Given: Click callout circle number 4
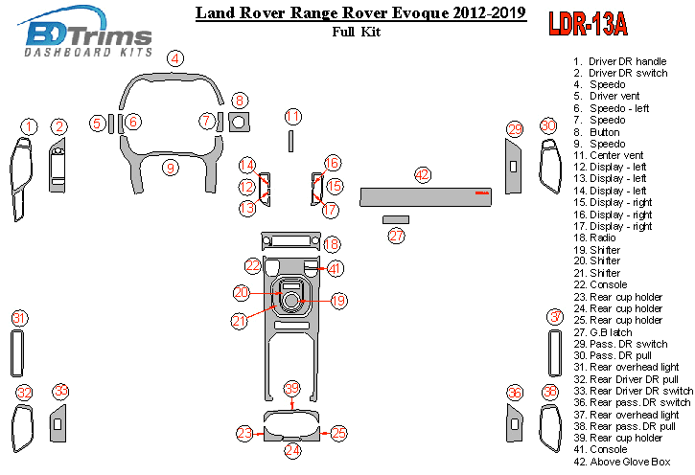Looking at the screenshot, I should pos(174,58).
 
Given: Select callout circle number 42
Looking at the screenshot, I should pos(423,174).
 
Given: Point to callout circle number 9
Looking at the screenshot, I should pos(170,168).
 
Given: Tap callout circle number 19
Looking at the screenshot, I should pos(337,301).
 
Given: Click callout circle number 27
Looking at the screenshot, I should pos(397,236).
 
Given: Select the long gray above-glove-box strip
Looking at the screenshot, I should pos(427,196).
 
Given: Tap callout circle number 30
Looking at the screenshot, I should pos(547,125).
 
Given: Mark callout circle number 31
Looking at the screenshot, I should pos(19,317).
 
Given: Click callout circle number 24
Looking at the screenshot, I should pos(292,449).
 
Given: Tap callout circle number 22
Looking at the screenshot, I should pos(252,264).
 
